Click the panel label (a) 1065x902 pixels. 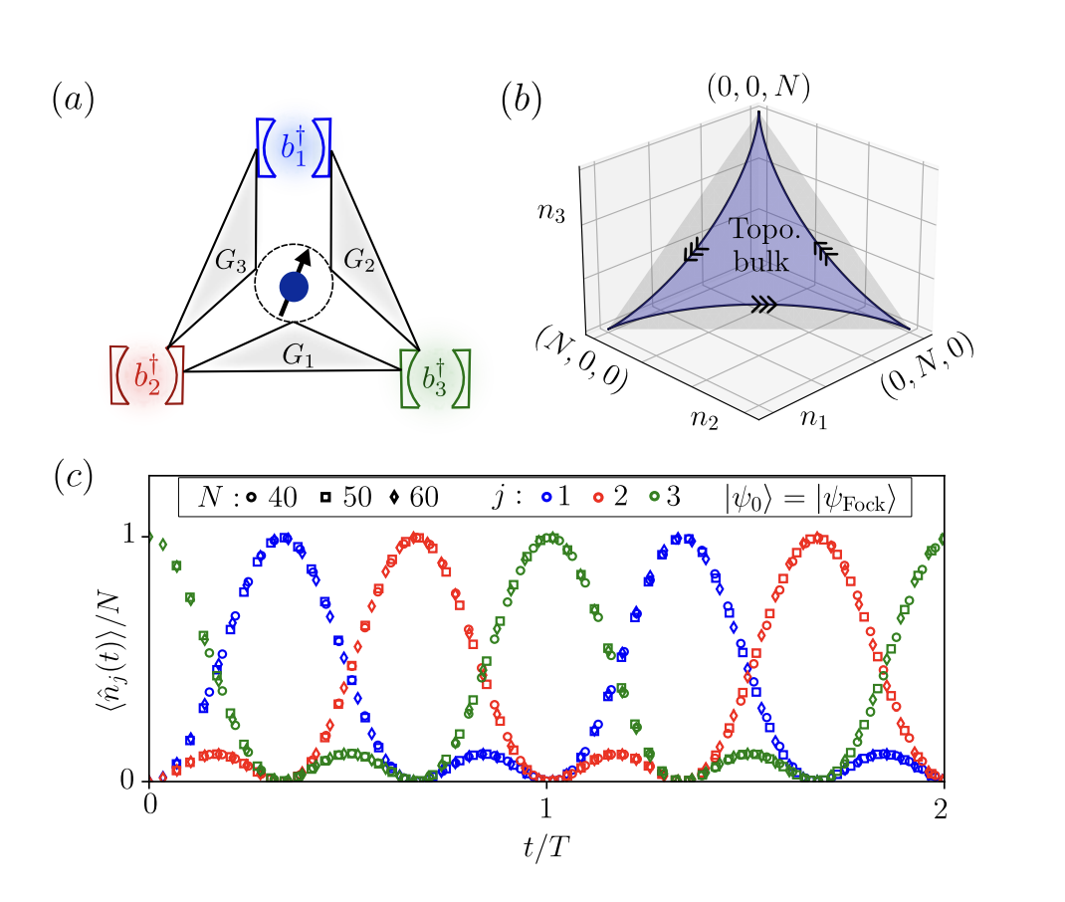[x=72, y=102]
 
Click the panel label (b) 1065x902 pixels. [x=522, y=102]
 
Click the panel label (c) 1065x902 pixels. [x=72, y=477]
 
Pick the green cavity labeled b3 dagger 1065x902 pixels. [x=434, y=377]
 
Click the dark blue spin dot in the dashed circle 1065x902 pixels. [x=293, y=287]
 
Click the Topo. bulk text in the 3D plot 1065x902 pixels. [x=759, y=242]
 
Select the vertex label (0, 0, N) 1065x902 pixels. [x=757, y=87]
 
